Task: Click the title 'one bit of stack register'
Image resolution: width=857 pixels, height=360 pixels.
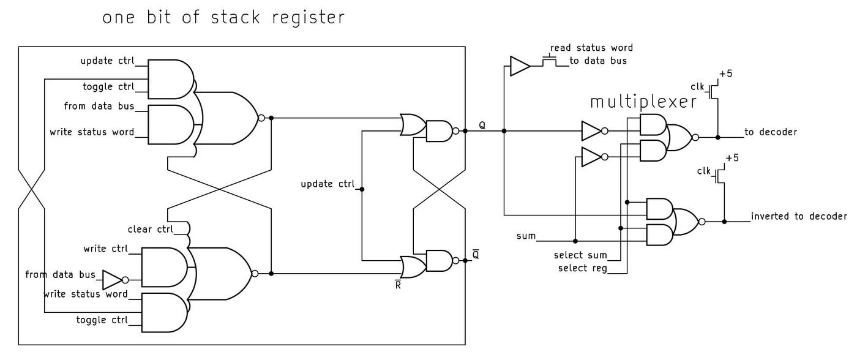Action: tap(223, 17)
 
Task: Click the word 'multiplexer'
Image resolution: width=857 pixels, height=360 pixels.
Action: tap(643, 102)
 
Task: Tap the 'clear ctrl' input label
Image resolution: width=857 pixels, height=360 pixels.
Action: tap(150, 230)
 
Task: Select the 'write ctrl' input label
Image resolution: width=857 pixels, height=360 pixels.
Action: tap(106, 249)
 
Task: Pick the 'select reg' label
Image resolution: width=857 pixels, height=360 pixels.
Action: tap(582, 268)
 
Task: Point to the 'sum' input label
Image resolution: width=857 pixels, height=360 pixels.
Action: tap(526, 236)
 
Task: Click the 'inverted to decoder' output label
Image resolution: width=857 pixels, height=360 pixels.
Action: tap(799, 216)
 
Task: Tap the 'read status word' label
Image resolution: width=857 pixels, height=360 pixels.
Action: tap(591, 48)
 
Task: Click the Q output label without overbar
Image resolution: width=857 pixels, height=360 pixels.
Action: tap(482, 125)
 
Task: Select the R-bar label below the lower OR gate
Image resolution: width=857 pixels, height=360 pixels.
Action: tap(398, 285)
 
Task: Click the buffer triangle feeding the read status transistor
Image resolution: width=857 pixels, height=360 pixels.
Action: tap(519, 66)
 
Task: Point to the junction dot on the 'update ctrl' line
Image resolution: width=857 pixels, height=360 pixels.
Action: tap(362, 189)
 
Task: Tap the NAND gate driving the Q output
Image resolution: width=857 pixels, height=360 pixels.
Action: tap(438, 130)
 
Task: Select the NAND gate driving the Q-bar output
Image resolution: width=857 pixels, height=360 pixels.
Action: tap(438, 261)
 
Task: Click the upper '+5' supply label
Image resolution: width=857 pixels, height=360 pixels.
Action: tap(725, 73)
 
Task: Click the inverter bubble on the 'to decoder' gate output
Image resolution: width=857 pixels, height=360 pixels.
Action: tap(695, 138)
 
